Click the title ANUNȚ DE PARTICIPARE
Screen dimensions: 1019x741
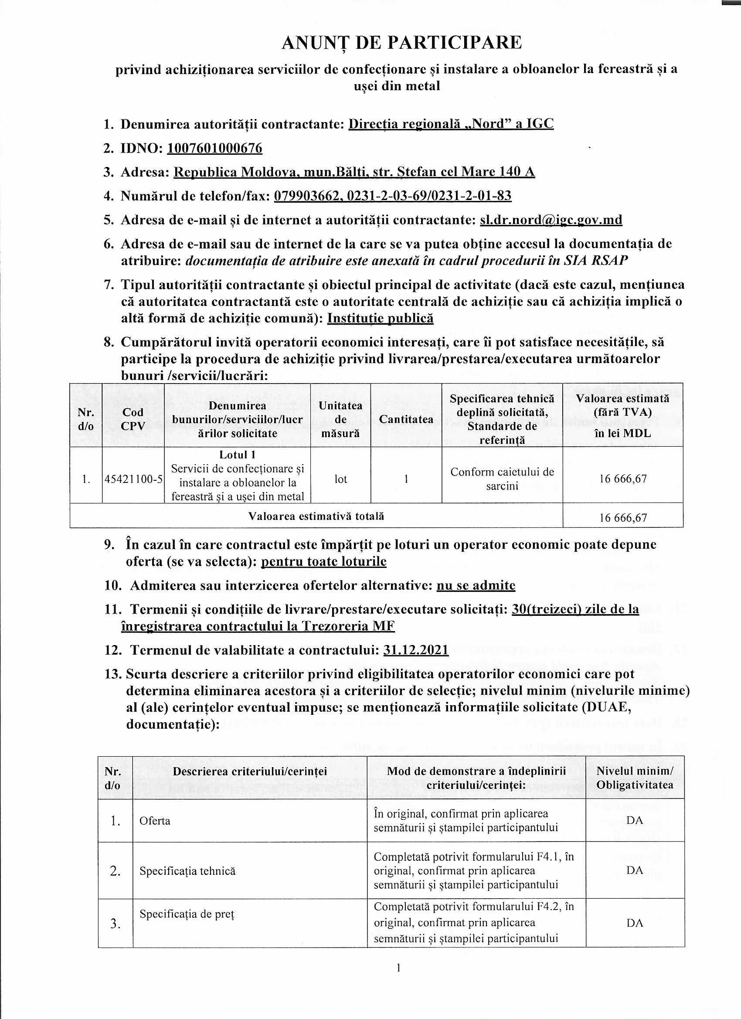point(401,43)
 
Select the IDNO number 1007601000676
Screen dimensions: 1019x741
point(214,148)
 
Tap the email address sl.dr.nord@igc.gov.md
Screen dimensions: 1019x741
point(551,220)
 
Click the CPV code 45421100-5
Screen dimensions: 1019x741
point(133,479)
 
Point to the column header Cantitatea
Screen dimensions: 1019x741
point(406,419)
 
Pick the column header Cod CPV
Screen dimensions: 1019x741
point(133,419)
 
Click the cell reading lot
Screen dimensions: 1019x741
point(340,479)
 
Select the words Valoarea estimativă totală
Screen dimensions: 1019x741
point(316,516)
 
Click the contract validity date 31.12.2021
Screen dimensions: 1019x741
point(416,650)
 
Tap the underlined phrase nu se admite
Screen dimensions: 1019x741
point(476,585)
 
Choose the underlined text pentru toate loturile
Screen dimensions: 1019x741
point(323,562)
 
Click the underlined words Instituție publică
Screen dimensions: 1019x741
point(380,318)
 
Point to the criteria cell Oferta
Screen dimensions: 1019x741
point(155,821)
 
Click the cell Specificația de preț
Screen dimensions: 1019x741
point(187,914)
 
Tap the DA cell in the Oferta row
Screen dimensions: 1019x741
point(635,820)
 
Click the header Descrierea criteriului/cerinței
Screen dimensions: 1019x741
point(250,771)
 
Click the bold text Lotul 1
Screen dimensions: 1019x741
point(237,455)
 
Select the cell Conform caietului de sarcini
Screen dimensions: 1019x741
point(502,479)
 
